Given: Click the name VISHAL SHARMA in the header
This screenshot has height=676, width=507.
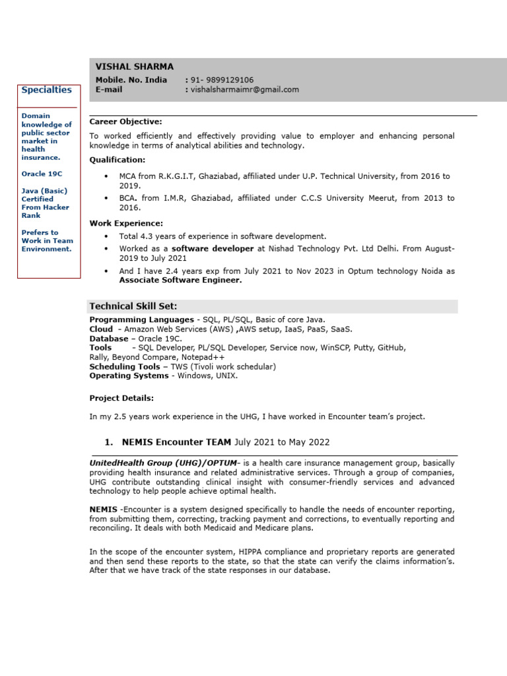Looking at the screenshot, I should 135,67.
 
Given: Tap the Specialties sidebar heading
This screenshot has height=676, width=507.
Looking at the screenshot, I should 46,90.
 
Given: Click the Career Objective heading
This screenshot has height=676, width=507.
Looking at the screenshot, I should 125,121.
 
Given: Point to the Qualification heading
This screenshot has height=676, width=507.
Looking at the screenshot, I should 118,160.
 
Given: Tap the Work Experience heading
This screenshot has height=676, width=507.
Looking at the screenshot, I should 125,223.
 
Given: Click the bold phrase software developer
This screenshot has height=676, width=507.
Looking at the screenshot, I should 213,249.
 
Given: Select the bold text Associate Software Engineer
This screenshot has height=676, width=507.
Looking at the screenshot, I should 180,280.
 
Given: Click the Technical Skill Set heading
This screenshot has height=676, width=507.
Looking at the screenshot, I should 133,306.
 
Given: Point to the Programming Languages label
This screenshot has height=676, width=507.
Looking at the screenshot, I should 142,320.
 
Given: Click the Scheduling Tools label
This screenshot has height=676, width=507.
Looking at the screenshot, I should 124,366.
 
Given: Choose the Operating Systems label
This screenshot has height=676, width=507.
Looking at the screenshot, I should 129,376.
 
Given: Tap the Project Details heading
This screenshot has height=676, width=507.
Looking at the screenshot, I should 121,398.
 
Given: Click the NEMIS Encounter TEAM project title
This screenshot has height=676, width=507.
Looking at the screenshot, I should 176,442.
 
